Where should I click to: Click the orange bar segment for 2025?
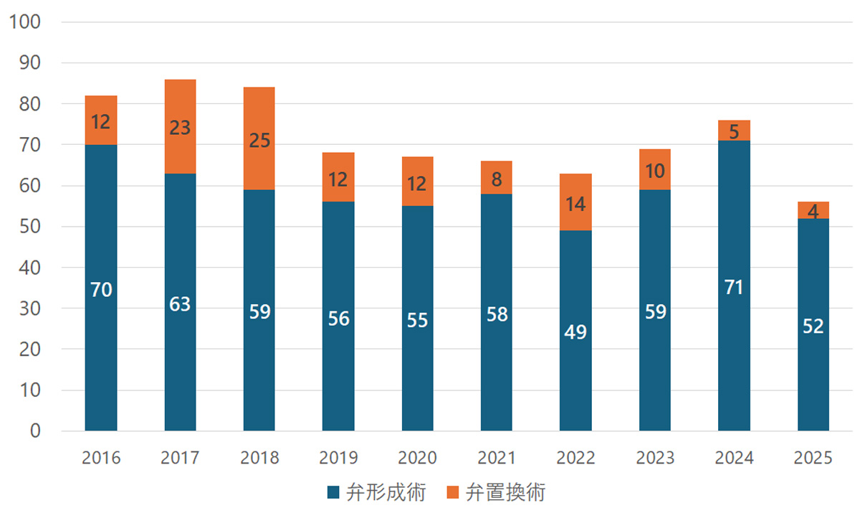point(813,210)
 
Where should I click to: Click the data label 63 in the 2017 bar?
point(180,304)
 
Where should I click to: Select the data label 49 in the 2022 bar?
point(575,332)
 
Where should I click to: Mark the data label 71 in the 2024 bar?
point(734,288)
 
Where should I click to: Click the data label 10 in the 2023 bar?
point(655,171)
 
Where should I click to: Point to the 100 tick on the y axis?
point(24,22)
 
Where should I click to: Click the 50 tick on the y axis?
point(31,227)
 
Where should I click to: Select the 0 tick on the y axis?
point(35,431)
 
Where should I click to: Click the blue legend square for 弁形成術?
point(333,493)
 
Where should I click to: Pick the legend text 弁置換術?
point(505,493)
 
